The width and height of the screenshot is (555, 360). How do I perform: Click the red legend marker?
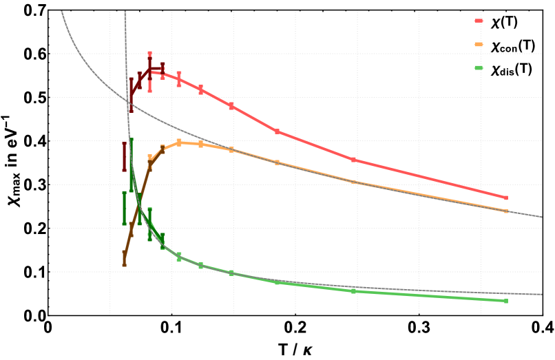(x=479, y=21)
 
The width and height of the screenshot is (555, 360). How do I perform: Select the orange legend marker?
(x=479, y=44)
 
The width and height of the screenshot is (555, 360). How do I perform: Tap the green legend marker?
(x=479, y=67)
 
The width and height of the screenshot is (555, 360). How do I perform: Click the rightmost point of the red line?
(x=505, y=198)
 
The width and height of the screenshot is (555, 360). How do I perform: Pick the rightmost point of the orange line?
(x=505, y=211)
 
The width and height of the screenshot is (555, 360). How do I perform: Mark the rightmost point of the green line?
(x=505, y=301)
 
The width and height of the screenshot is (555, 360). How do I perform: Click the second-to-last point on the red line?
(x=354, y=160)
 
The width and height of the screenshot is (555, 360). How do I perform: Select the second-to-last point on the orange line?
(x=354, y=182)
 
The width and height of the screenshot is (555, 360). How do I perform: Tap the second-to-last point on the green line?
(x=354, y=291)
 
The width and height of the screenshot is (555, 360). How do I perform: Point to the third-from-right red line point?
(x=277, y=131)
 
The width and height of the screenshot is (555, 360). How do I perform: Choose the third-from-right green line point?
(x=277, y=282)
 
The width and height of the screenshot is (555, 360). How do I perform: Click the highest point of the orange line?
(x=179, y=142)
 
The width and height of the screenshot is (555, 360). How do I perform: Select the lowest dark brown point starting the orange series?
(x=124, y=258)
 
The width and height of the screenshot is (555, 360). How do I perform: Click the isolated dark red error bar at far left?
(x=124, y=156)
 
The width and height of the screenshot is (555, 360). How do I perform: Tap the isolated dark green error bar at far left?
(x=124, y=208)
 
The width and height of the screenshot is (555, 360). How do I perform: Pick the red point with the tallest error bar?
(x=149, y=72)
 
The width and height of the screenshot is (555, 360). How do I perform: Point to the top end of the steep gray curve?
(x=125, y=12)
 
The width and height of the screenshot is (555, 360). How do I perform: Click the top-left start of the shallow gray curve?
(x=62, y=12)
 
